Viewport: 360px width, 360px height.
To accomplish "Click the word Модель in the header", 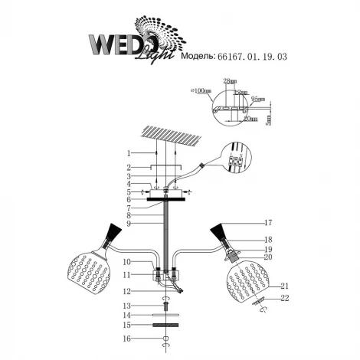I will pyautogui.click(x=199, y=56).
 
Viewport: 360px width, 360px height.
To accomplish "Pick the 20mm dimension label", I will pyautogui.click(x=250, y=119).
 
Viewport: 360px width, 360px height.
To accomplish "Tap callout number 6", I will pyautogui.click(x=129, y=199).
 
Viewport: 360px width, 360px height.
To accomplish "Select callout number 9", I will pyautogui.click(x=129, y=224).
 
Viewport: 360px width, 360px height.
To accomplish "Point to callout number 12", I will pyautogui.click(x=129, y=291).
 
